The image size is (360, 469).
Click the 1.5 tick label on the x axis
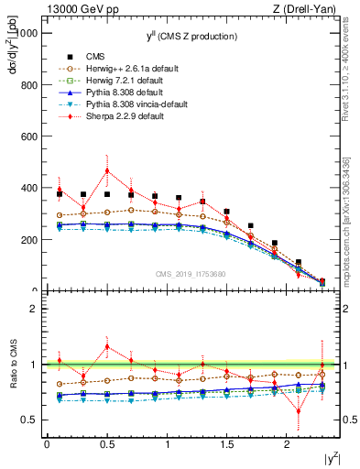226,443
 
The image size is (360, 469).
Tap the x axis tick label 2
287,443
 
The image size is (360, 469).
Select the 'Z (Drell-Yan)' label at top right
309,9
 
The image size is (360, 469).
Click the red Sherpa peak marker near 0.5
107,170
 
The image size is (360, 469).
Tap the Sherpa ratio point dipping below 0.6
298,411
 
